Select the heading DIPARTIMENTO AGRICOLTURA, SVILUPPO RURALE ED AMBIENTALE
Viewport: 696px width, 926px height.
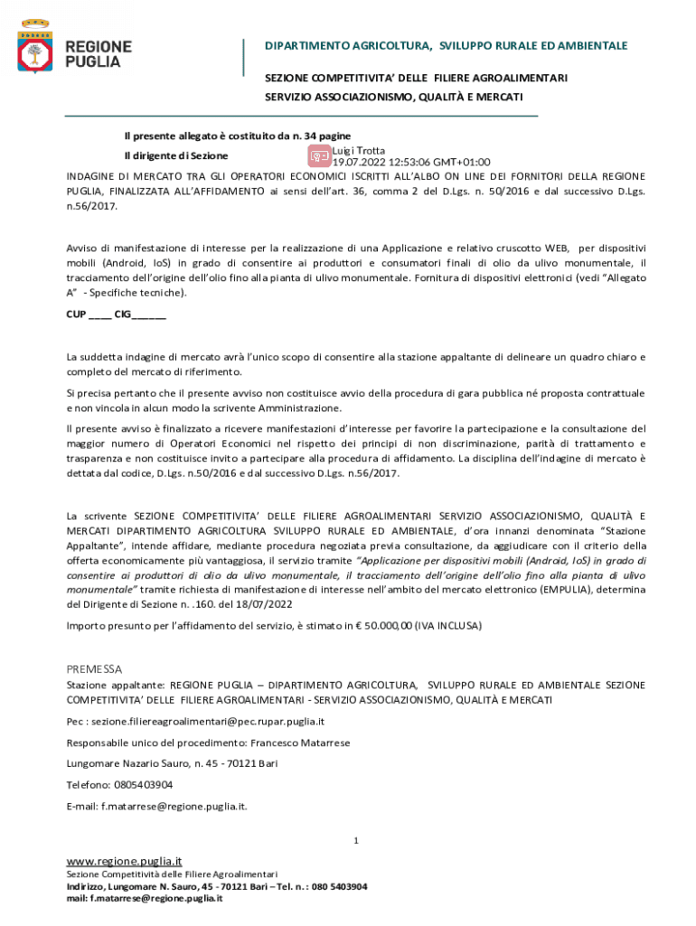pos(446,45)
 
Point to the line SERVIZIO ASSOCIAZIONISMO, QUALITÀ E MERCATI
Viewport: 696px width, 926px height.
pos(393,97)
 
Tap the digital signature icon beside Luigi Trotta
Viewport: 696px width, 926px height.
pos(319,156)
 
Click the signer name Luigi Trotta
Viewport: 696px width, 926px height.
pos(359,150)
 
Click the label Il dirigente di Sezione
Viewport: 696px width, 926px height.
pos(175,156)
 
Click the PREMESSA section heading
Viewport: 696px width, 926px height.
pos(94,669)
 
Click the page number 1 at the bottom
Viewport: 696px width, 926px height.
pos(356,841)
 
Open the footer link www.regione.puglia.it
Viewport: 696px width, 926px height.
pos(125,861)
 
